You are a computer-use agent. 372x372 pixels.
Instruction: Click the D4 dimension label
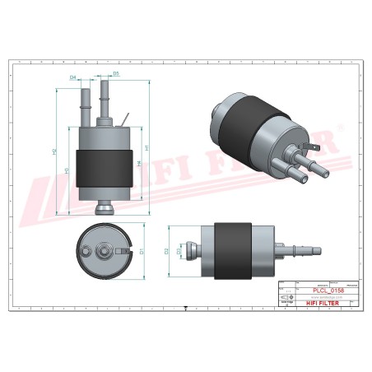(73, 77)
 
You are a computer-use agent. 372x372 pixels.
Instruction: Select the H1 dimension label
(146, 148)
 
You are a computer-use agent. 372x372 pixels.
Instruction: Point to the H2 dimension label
(54, 152)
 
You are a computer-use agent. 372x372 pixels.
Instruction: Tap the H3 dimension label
(66, 171)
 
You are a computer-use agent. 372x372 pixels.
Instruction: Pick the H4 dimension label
(137, 164)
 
